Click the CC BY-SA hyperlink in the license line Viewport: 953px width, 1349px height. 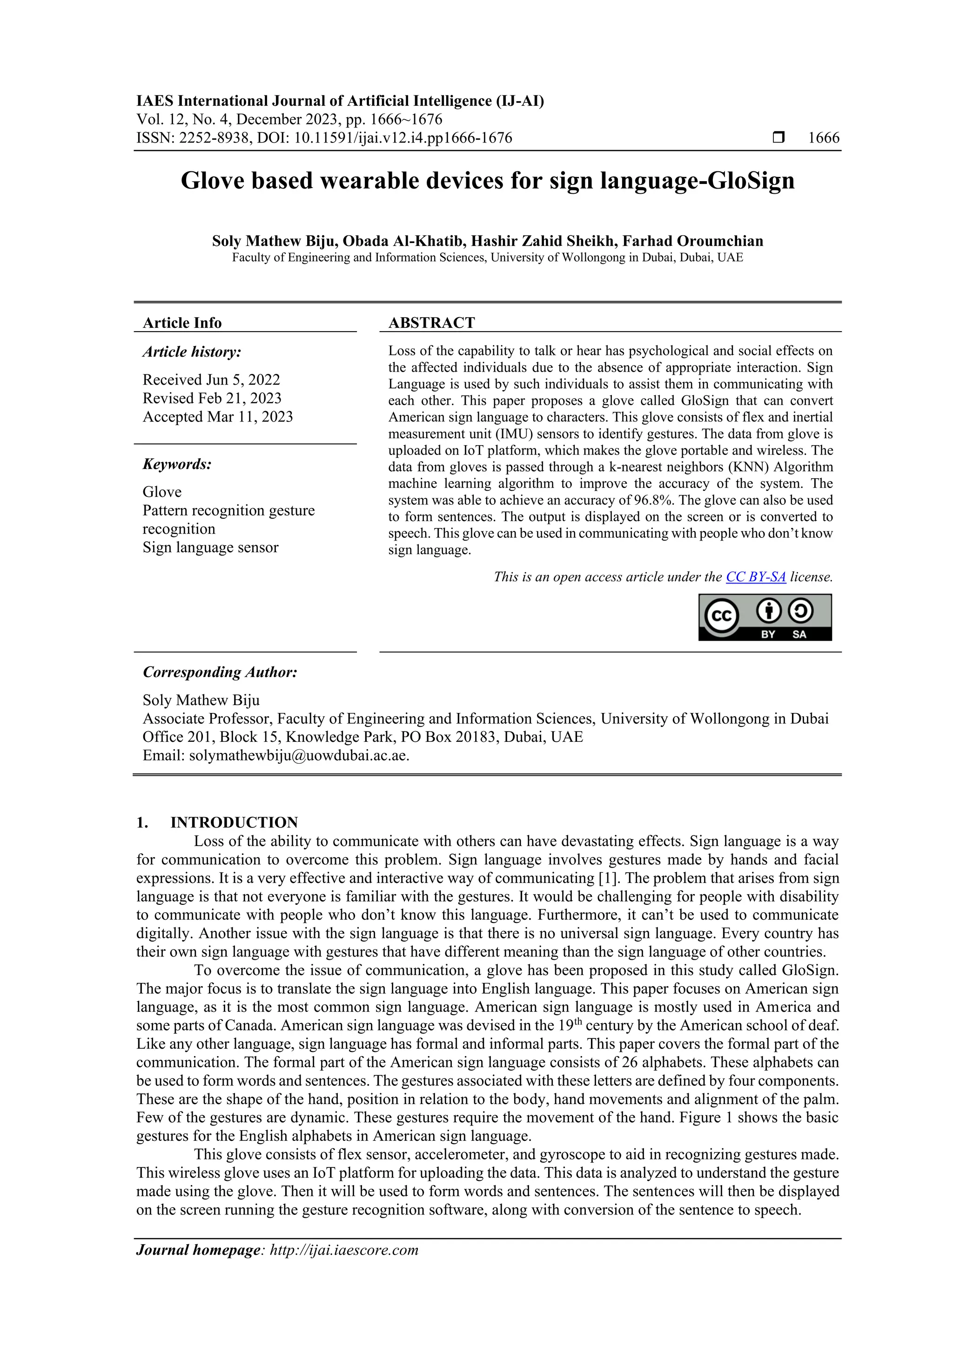coord(756,577)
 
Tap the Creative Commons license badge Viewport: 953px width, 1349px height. coord(765,617)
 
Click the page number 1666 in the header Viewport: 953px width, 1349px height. coord(823,138)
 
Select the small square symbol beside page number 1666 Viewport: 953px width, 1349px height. coord(779,137)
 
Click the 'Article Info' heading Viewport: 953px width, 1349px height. coord(182,323)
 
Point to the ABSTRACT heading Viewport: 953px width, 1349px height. coord(431,323)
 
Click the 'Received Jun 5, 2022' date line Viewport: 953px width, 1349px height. coord(211,380)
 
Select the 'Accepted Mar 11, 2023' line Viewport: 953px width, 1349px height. coord(218,417)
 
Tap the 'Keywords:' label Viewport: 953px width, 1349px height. coord(177,464)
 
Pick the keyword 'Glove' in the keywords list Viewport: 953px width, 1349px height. coord(162,492)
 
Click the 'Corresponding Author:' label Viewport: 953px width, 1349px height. coord(220,671)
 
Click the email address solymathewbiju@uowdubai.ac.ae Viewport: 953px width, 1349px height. coord(299,756)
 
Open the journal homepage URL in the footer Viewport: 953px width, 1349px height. coord(344,1250)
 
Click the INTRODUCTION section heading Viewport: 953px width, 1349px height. coord(234,822)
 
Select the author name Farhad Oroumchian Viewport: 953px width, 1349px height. coord(693,241)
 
